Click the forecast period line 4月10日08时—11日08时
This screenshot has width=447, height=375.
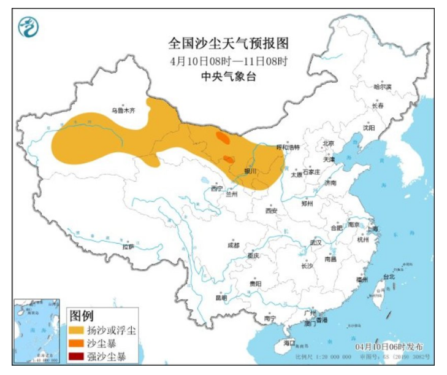pos(228,61)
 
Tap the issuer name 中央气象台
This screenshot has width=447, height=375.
pos(228,76)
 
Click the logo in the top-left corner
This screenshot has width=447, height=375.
pos(28,27)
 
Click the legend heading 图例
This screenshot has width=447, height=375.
pos(81,316)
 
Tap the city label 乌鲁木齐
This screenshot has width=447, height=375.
pos(123,111)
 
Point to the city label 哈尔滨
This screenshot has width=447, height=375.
pos(382,87)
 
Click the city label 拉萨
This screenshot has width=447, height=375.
pos(128,247)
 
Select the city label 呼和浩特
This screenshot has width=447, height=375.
pos(288,147)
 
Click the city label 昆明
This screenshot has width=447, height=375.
pos(221,298)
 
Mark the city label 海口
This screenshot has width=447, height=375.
pos(289,342)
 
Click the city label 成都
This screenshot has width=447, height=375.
pos(233,244)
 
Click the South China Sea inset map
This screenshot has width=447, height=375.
pos(37,332)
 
